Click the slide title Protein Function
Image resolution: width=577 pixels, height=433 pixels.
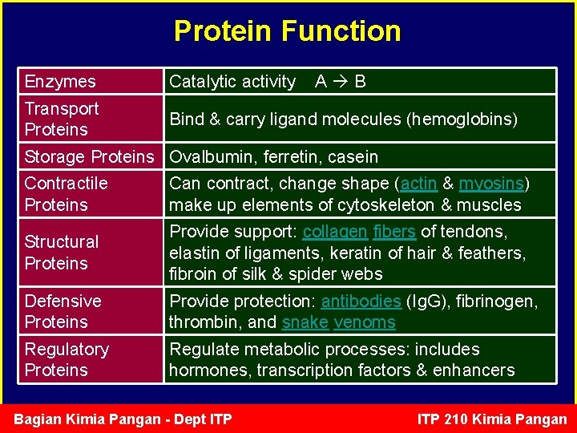[x=287, y=31]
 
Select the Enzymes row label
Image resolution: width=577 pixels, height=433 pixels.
[x=60, y=81]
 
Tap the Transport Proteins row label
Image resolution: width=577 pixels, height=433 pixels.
[x=62, y=119]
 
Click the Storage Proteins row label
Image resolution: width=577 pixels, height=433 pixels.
[x=88, y=156]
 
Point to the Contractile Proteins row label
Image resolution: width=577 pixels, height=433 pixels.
[x=66, y=194]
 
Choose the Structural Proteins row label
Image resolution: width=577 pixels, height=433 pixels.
[x=62, y=253]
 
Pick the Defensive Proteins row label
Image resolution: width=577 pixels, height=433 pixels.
[x=63, y=311]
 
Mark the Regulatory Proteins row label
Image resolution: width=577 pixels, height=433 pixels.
[x=67, y=359]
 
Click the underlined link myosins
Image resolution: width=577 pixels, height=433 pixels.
[x=490, y=184]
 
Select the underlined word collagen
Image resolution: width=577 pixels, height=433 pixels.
[x=335, y=232]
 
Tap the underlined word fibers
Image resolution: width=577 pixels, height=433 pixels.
[x=393, y=232]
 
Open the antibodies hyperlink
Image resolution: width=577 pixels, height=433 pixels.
[x=361, y=301]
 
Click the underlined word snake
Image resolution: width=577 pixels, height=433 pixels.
[x=304, y=322]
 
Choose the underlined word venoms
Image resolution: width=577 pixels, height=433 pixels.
[x=365, y=322]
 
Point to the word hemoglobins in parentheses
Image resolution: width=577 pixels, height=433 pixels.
[x=462, y=119]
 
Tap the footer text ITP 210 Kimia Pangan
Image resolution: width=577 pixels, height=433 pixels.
[x=492, y=419]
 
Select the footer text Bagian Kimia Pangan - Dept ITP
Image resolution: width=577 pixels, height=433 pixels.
[x=123, y=419]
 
